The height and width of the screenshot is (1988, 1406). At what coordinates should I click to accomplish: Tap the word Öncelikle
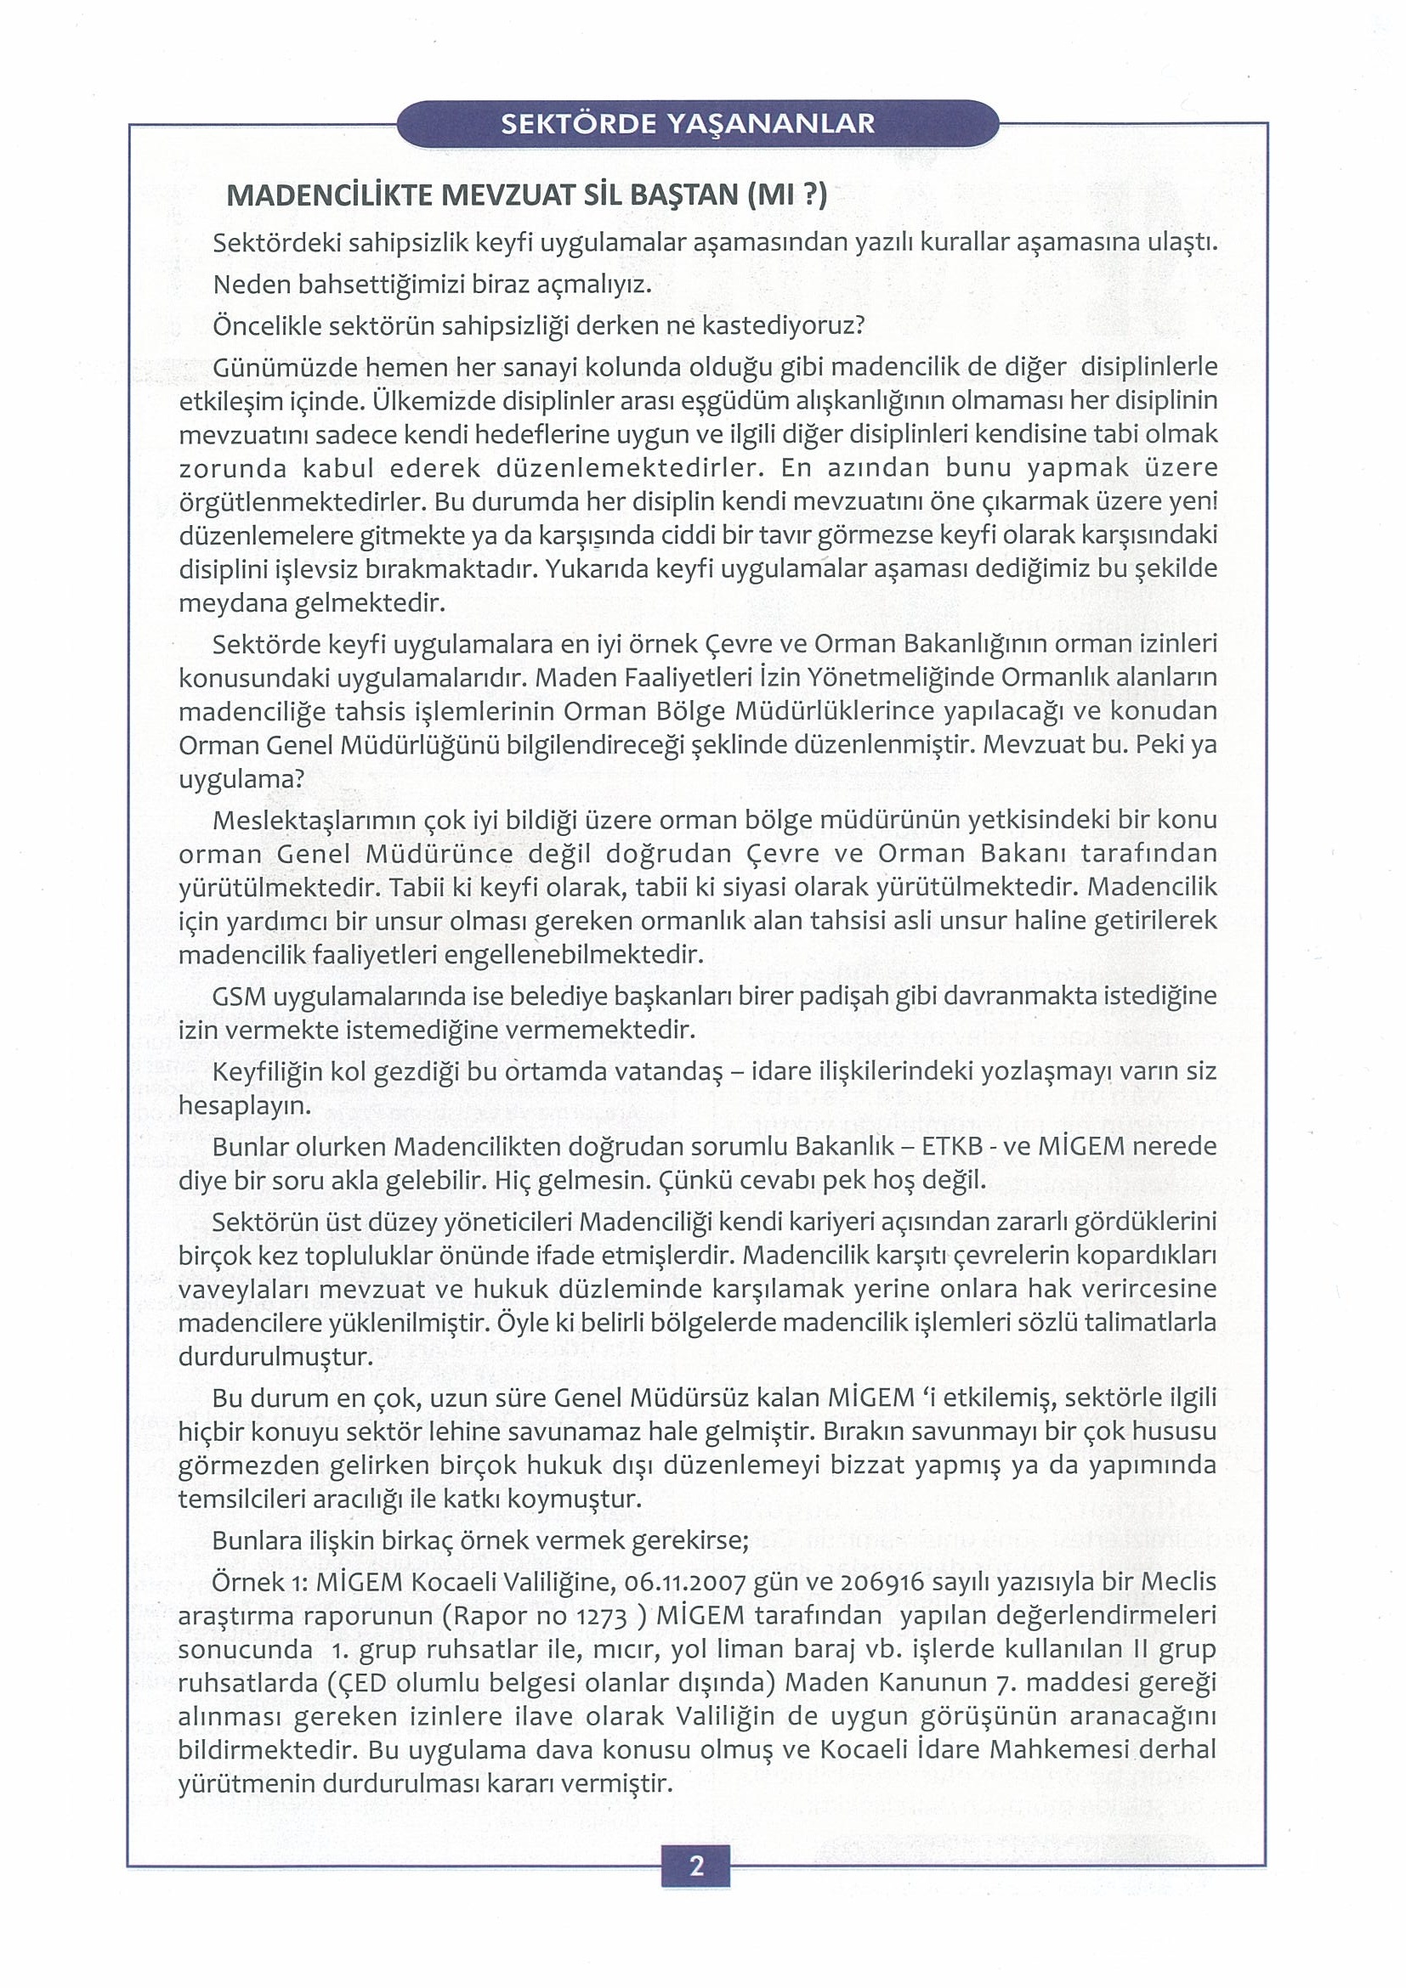click(264, 326)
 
